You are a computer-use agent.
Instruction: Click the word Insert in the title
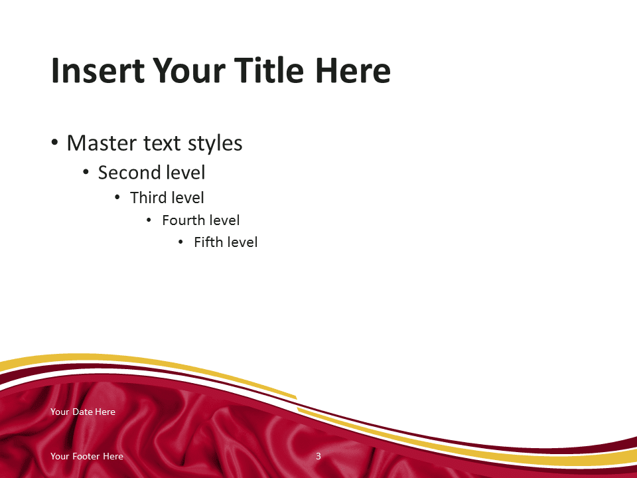pos(98,70)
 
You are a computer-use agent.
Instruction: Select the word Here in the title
pos(353,70)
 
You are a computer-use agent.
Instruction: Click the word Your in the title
pos(189,70)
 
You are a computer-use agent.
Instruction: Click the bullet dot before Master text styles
pos(55,143)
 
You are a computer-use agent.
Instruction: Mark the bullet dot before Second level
pos(86,173)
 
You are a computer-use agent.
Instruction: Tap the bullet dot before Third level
pos(117,198)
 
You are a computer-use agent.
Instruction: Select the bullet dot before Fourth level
pos(149,220)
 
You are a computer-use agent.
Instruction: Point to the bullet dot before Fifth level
pos(180,242)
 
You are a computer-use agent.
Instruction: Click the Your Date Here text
pos(83,412)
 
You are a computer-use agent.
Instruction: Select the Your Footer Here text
pos(87,456)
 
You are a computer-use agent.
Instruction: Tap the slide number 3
pos(318,456)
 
